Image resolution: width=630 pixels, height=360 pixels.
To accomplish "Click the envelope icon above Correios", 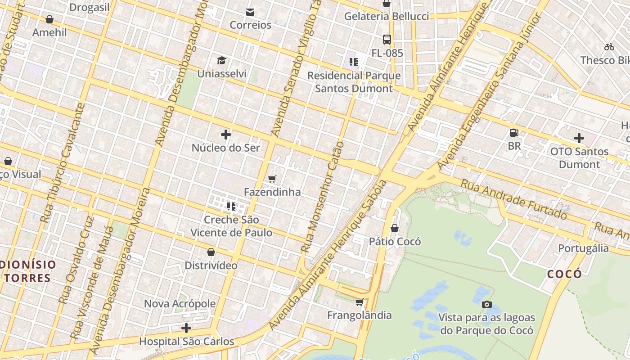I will click(x=250, y=12).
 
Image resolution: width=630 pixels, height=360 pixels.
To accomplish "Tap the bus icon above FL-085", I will click(x=387, y=40).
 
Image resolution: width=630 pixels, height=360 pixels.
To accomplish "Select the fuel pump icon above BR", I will click(x=514, y=133).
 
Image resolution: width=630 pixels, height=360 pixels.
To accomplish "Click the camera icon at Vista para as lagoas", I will click(x=486, y=305).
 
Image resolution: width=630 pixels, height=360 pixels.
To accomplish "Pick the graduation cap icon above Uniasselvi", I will click(x=221, y=60).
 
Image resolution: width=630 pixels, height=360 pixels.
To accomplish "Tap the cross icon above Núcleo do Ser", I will click(x=226, y=135).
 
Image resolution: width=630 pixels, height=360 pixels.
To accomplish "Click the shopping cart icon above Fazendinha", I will click(x=272, y=179).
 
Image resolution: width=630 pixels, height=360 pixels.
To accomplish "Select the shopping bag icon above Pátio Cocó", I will click(x=395, y=229).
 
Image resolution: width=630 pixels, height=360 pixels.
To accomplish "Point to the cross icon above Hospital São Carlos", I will click(x=186, y=328).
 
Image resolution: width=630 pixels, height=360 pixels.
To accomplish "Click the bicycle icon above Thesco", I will click(x=609, y=47).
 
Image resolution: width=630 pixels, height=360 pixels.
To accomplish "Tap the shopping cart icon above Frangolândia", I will click(x=359, y=302).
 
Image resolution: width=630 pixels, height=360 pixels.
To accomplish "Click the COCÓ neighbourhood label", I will click(x=565, y=274).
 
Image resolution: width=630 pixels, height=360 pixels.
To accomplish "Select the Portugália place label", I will click(x=583, y=248).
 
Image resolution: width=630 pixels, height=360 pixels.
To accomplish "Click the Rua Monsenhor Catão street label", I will click(x=323, y=197).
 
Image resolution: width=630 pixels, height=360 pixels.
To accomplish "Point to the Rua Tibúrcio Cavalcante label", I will click(x=63, y=163).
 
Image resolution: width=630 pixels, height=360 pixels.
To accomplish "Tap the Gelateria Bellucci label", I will click(x=387, y=17).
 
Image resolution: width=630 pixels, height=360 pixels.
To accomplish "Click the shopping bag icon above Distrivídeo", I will click(x=211, y=252).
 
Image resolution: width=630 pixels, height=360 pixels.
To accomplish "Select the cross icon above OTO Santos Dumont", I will click(x=579, y=138).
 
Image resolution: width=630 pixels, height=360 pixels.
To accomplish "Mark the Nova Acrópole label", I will click(x=180, y=304).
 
